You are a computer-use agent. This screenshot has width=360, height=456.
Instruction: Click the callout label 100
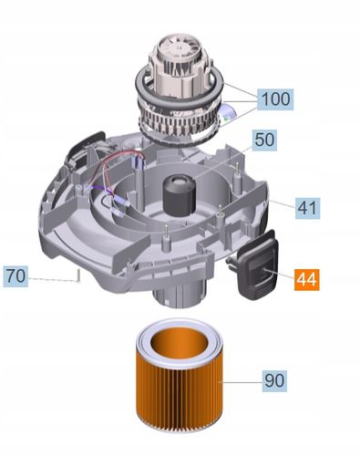pyautogui.click(x=275, y=99)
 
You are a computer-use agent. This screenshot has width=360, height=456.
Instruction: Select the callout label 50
pyautogui.click(x=264, y=140)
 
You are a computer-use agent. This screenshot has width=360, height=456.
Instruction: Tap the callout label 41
pyautogui.click(x=307, y=208)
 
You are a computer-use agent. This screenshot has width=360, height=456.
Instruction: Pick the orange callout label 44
pyautogui.click(x=307, y=279)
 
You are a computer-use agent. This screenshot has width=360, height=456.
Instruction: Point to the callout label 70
pyautogui.click(x=15, y=276)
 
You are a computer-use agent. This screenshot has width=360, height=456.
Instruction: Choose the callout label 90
pyautogui.click(x=274, y=380)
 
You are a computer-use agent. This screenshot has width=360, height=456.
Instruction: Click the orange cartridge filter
pyautogui.click(x=180, y=376)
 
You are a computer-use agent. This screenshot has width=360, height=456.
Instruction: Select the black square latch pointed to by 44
pyautogui.click(x=258, y=264)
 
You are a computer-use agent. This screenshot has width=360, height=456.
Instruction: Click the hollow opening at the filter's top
pyautogui.click(x=180, y=343)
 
